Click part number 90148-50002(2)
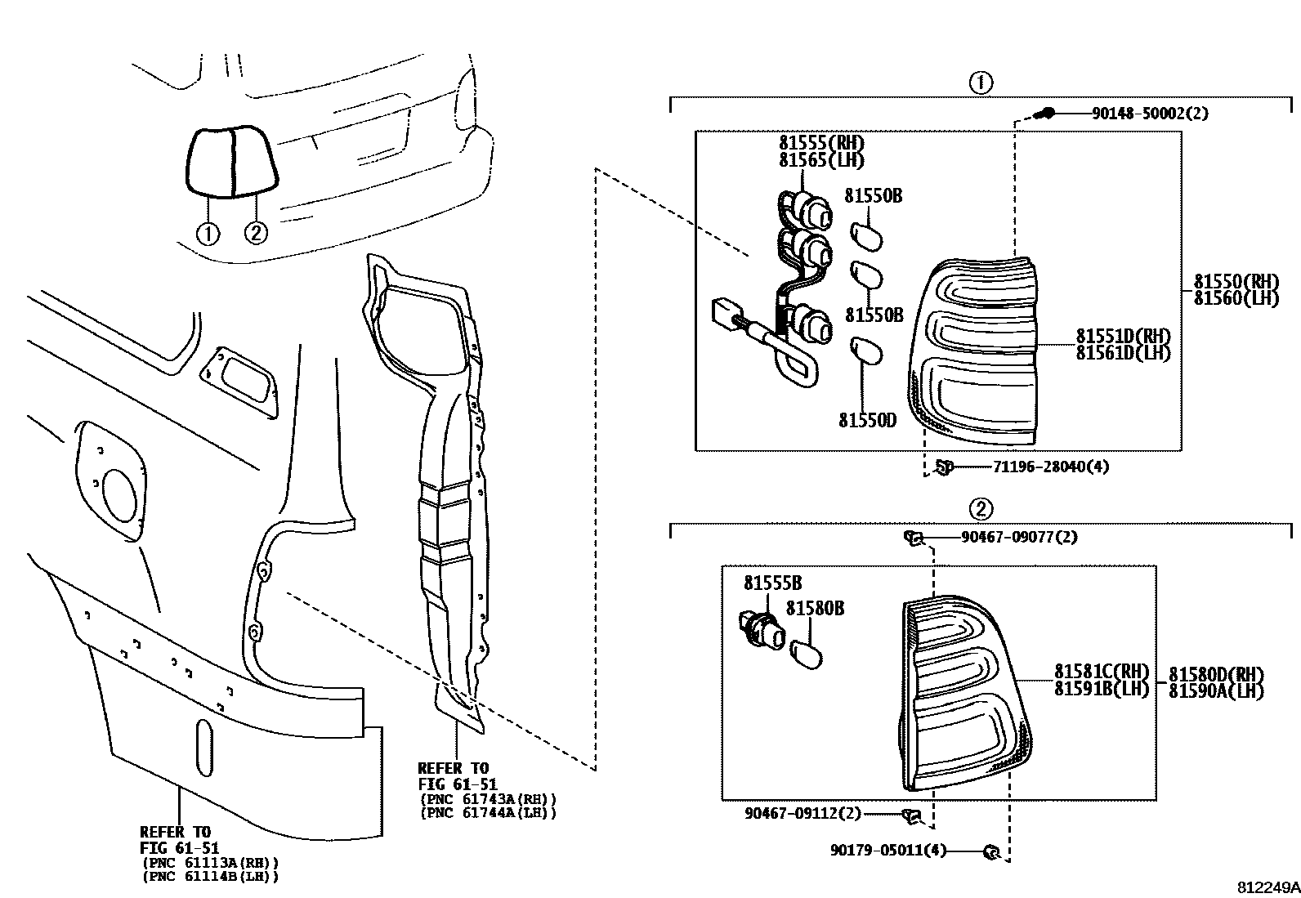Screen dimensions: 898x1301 [x=1149, y=114]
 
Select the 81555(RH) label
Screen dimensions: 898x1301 [x=821, y=142]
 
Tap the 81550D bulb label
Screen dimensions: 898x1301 [x=867, y=420]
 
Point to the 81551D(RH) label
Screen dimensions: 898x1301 [x=1123, y=336]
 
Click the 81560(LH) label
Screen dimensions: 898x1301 [x=1236, y=298]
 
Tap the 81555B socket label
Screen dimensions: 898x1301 [x=772, y=583]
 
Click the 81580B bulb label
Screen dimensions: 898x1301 [x=815, y=608]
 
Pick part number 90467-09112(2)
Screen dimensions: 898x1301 [x=803, y=813]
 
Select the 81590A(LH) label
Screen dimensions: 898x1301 [x=1216, y=690]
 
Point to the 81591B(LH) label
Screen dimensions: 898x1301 [x=1101, y=688]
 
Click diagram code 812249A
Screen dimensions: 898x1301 [x=1267, y=887]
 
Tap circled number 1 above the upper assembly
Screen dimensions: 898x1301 [x=980, y=83]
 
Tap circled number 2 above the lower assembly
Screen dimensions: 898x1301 [x=980, y=509]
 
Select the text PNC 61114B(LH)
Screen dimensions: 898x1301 [x=210, y=877]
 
